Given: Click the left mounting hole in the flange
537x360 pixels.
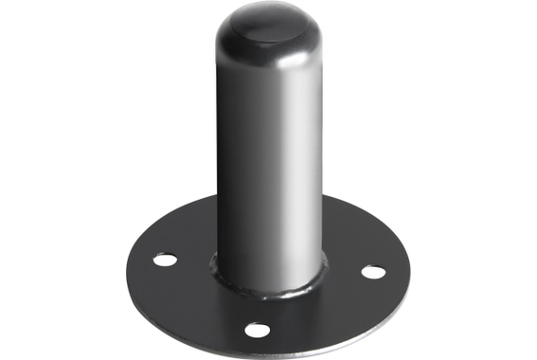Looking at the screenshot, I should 166,258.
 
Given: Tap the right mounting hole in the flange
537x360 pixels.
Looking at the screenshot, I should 373,273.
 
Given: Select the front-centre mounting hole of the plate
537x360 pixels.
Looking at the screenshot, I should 256,330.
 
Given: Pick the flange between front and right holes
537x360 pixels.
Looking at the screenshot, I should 327,313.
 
